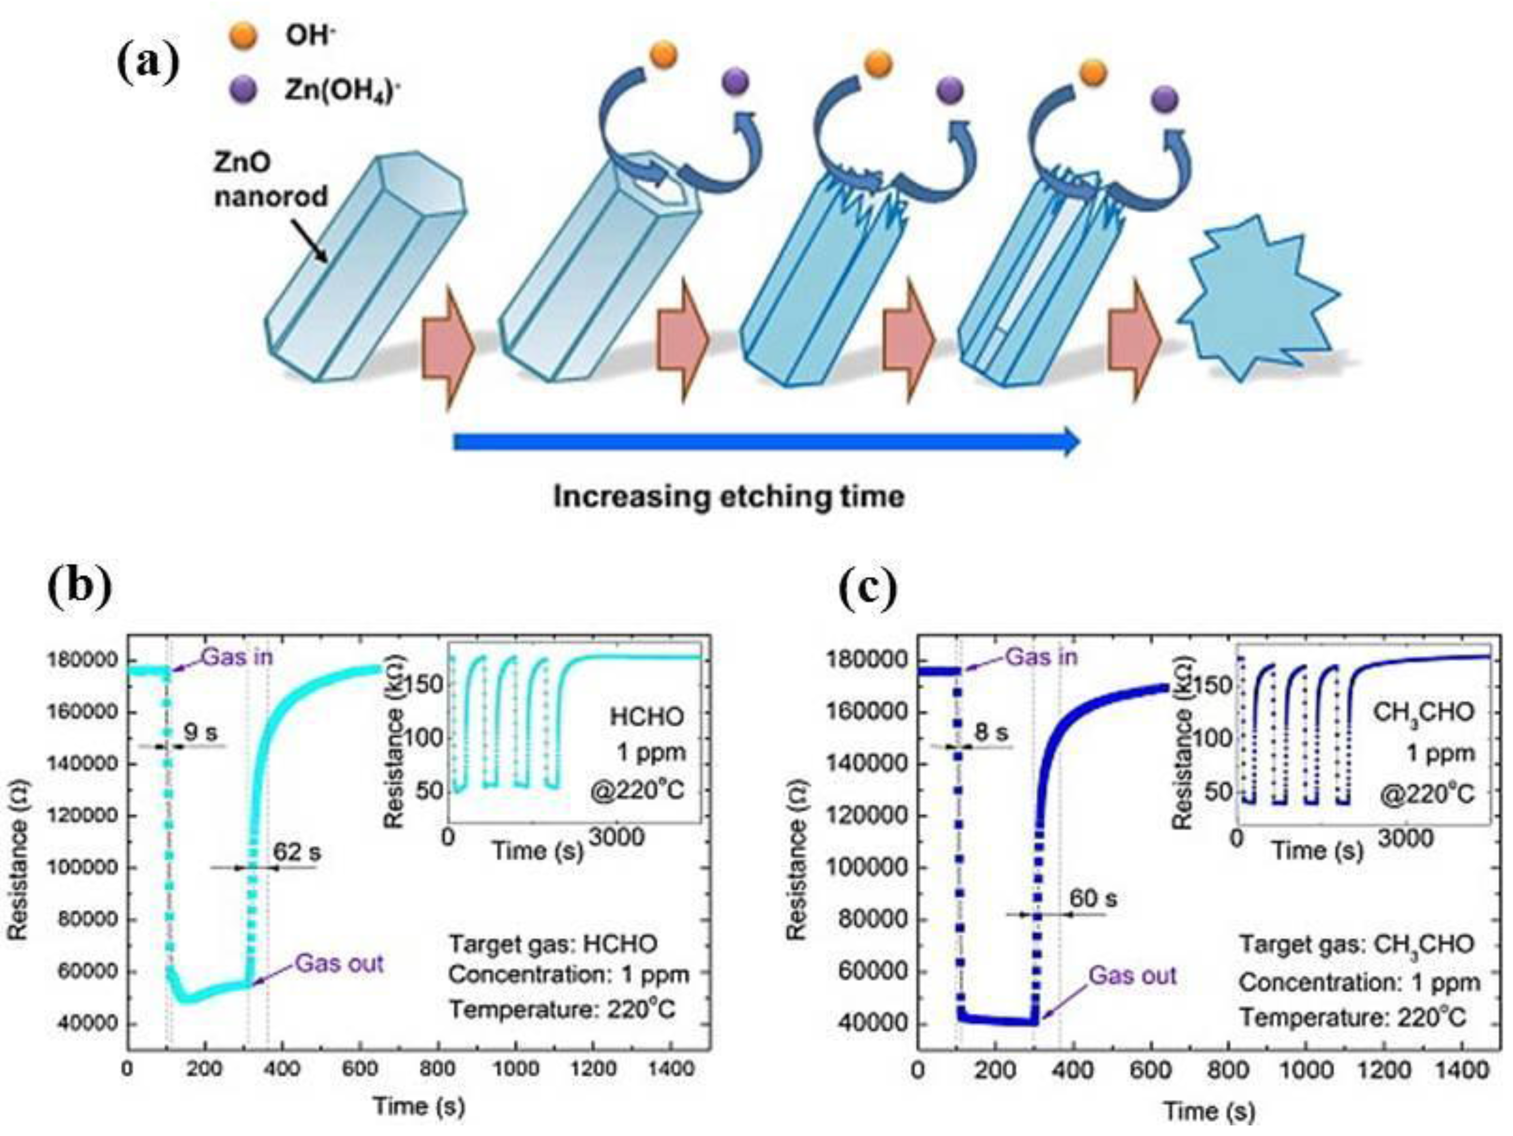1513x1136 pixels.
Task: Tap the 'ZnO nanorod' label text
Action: click(271, 180)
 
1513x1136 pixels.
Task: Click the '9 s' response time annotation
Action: click(200, 733)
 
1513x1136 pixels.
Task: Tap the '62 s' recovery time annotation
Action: click(297, 852)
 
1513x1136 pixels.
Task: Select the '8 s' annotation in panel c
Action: click(991, 733)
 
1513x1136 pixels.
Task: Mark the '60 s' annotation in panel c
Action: click(1092, 899)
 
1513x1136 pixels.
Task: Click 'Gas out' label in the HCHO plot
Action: click(339, 964)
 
